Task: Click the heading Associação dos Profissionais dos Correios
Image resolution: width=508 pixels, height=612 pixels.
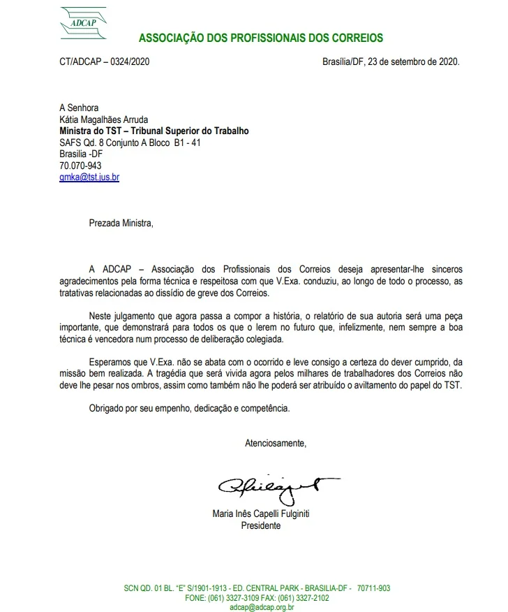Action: click(260, 38)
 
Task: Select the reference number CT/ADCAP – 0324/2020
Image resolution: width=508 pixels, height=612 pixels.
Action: click(105, 61)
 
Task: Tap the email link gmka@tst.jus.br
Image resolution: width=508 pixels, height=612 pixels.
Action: click(89, 177)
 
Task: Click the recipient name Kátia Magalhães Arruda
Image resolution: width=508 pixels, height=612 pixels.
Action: click(104, 119)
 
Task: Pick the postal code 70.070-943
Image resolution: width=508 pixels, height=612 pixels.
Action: click(80, 166)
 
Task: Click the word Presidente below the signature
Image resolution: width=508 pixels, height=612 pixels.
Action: click(260, 525)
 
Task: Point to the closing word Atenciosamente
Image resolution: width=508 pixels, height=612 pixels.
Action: click(275, 442)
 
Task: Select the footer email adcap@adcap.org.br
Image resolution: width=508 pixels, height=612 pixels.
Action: click(262, 608)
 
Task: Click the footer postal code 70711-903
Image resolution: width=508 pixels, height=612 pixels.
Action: click(373, 588)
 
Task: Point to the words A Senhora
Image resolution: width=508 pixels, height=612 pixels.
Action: click(79, 108)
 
